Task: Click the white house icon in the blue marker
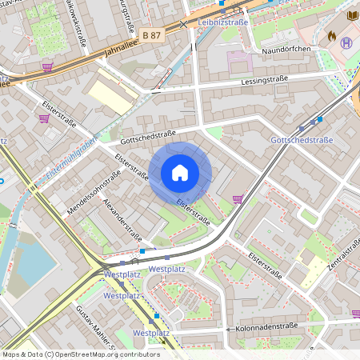pos(180,173)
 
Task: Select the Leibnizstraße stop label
pos(223,22)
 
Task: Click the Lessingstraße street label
pos(262,82)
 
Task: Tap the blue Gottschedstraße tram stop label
pos(302,140)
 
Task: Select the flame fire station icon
pos(331,36)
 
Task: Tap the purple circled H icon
pos(346,42)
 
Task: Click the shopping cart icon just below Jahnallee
pos(47,67)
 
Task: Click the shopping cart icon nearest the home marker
pos(237,198)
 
